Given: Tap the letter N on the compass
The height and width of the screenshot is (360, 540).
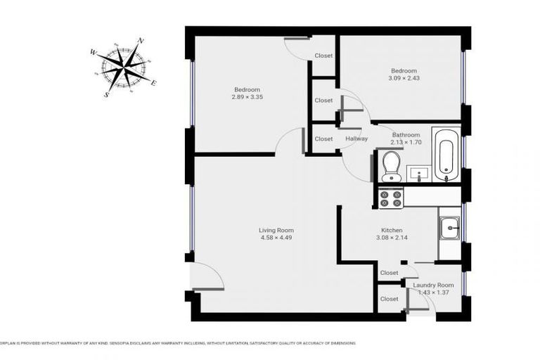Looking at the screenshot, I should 141,41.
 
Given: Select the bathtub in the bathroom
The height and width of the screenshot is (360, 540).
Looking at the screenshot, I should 446,154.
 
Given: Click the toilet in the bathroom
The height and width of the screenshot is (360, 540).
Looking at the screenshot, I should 390,167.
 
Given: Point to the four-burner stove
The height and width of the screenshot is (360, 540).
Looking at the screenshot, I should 390,198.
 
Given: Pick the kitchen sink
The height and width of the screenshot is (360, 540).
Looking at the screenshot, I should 449,226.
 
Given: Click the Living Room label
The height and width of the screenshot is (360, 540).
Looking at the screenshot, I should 276,230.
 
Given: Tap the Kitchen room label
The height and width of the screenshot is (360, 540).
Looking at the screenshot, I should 392,230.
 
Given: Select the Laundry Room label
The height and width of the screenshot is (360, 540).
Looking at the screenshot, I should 433,285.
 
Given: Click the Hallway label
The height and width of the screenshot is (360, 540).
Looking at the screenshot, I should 356,139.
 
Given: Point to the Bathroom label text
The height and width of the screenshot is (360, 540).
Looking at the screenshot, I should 406,134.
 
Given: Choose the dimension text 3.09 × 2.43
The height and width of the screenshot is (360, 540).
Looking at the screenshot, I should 404,78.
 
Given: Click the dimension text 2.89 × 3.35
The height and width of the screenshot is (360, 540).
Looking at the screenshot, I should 247,97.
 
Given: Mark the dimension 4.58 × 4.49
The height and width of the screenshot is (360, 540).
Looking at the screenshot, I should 276,238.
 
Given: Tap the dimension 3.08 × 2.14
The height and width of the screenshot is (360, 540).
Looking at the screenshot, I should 392,238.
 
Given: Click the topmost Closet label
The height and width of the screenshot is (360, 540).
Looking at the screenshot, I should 323,56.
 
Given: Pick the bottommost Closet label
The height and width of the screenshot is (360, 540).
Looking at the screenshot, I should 389,299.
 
